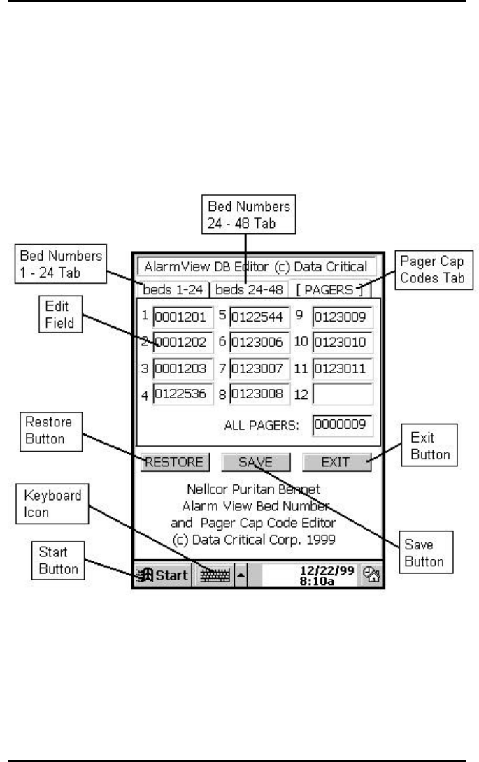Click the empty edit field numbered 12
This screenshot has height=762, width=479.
(342, 395)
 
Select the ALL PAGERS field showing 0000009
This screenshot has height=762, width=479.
(342, 425)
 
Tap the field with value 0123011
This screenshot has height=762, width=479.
(342, 369)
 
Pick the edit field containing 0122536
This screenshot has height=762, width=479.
(180, 395)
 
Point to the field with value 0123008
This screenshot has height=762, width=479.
(259, 395)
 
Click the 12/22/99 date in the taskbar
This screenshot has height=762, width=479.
(329, 571)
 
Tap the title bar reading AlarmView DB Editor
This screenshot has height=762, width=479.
(256, 267)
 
